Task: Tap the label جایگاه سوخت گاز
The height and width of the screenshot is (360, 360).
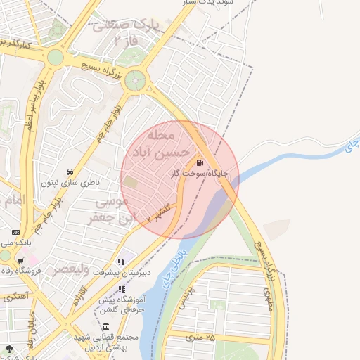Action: (x=200, y=173)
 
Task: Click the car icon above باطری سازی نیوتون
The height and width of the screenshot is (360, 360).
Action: (x=70, y=172)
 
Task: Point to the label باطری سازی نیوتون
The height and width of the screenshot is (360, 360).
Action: (x=70, y=182)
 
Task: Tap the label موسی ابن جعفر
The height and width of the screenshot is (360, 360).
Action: (x=109, y=210)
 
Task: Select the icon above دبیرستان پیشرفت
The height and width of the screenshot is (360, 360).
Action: (x=122, y=262)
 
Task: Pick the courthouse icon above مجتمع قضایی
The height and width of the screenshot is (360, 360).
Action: (x=105, y=327)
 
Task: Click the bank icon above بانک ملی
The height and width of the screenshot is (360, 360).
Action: (x=15, y=233)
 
